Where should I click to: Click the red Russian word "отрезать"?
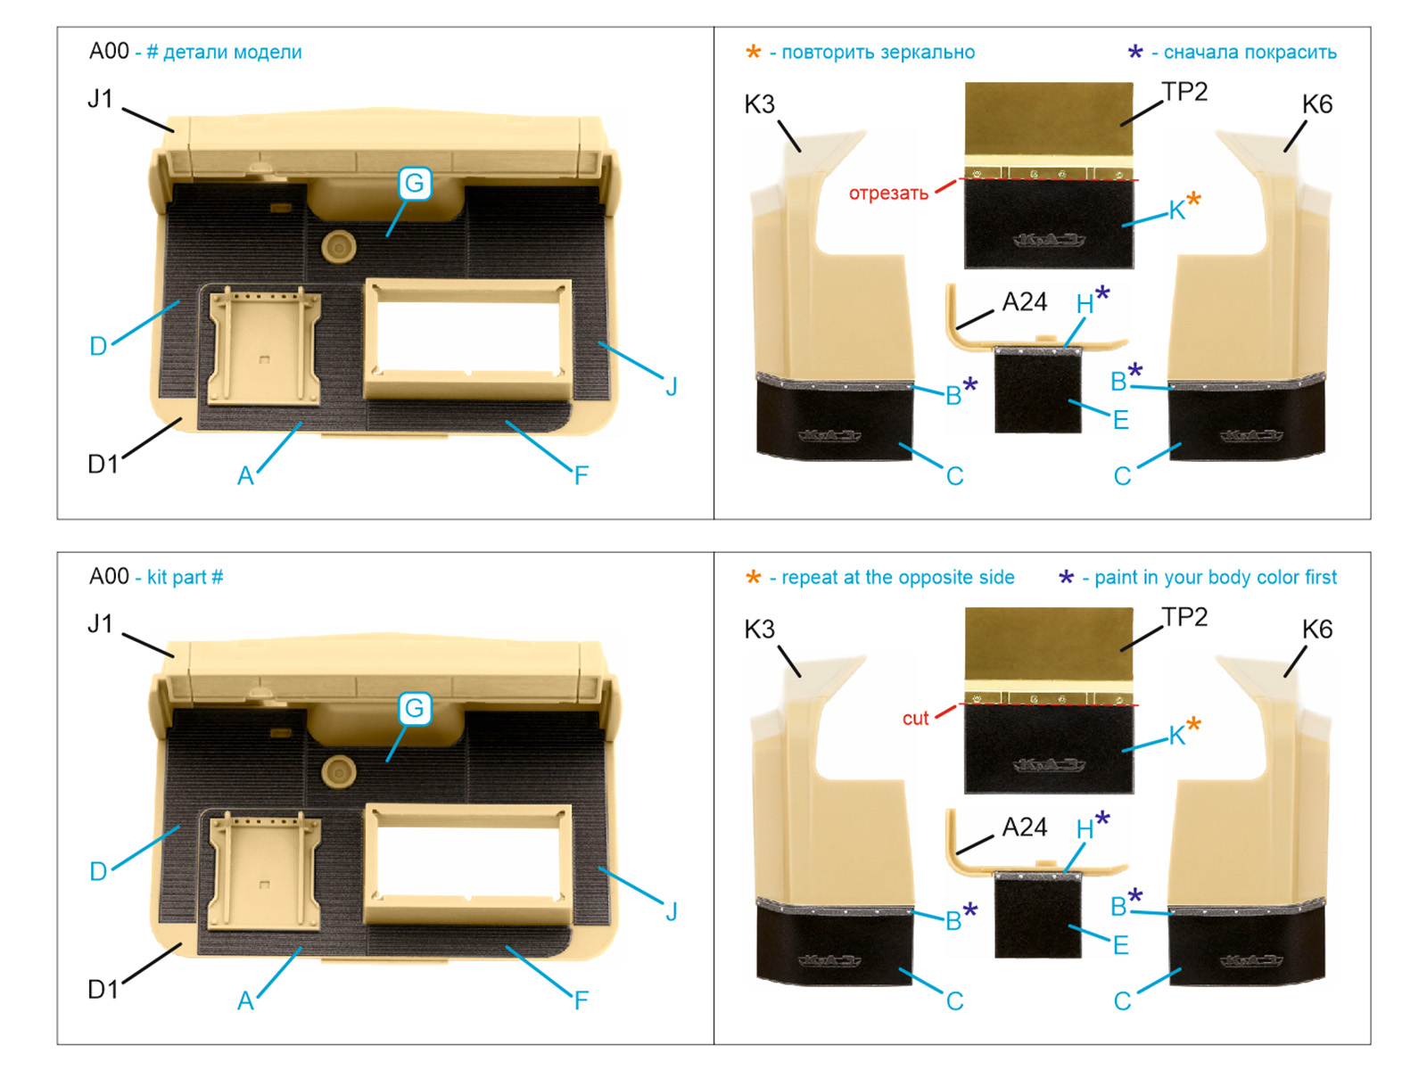[888, 193]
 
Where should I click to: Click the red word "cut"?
[915, 719]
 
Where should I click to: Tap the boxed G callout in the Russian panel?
[415, 184]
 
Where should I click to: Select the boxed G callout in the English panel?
[415, 709]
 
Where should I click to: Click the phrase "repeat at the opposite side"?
[897, 578]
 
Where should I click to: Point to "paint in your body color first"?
[1215, 578]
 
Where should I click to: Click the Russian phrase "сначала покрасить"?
[1250, 53]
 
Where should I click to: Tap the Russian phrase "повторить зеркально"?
[878, 53]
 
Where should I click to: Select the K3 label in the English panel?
[760, 630]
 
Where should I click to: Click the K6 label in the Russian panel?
[1316, 104]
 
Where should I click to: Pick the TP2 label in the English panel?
[1184, 617]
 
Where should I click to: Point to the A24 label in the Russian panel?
[1024, 302]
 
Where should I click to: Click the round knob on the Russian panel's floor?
[339, 245]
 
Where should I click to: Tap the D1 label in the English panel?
[103, 990]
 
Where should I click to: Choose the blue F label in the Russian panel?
[582, 476]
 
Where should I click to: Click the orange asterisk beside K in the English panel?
[1193, 725]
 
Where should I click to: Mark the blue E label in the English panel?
[1121, 945]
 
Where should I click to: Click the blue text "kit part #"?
[185, 578]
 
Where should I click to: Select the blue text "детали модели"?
[232, 53]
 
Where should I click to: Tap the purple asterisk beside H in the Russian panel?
[1102, 293]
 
